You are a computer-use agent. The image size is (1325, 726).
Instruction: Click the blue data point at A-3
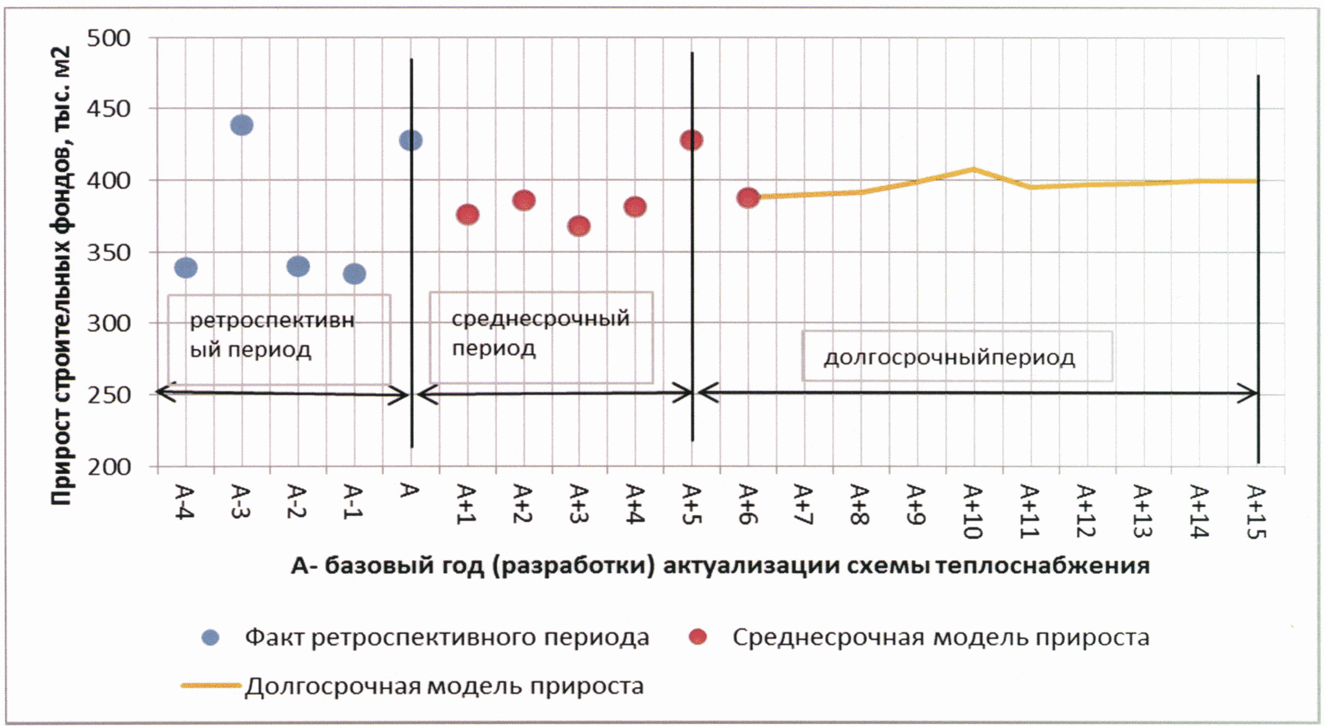pyautogui.click(x=242, y=125)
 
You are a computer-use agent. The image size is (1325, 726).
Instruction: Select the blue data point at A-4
pyautogui.click(x=186, y=267)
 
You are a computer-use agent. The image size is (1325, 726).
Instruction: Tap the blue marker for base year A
pyautogui.click(x=410, y=140)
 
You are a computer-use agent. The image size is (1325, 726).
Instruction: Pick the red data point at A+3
pyautogui.click(x=579, y=226)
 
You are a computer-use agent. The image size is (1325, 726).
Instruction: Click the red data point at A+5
pyautogui.click(x=691, y=140)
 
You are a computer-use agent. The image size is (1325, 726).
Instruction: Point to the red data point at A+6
pyautogui.click(x=748, y=198)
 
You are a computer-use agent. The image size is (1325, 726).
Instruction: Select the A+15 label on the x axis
pyautogui.click(x=1255, y=512)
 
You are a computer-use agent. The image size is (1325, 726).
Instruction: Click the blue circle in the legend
pyautogui.click(x=210, y=637)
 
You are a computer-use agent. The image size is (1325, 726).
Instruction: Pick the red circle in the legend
pyautogui.click(x=697, y=637)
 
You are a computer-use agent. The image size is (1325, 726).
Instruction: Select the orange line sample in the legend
pyautogui.click(x=211, y=685)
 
